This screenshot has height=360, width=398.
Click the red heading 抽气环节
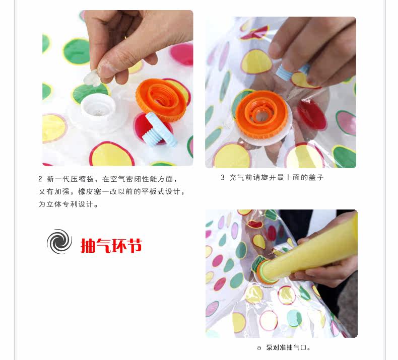click(111, 245)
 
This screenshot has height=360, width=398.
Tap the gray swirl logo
click(59, 242)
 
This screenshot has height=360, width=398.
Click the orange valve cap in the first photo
click(162, 100)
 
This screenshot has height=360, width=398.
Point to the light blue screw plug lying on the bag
click(159, 129)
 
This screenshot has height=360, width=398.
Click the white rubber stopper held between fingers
click(92, 78)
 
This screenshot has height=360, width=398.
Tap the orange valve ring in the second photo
click(261, 114)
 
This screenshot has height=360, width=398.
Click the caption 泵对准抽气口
click(288, 347)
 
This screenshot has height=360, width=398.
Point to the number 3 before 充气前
click(222, 177)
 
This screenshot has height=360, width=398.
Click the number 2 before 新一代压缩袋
click(40, 179)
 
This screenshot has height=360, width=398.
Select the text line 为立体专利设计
click(68, 204)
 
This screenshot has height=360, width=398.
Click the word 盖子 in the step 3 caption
click(316, 177)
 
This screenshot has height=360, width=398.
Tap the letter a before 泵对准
click(259, 348)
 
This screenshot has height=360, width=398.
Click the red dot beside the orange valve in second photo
click(312, 114)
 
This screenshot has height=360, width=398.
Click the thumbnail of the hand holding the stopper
click(118, 88)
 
